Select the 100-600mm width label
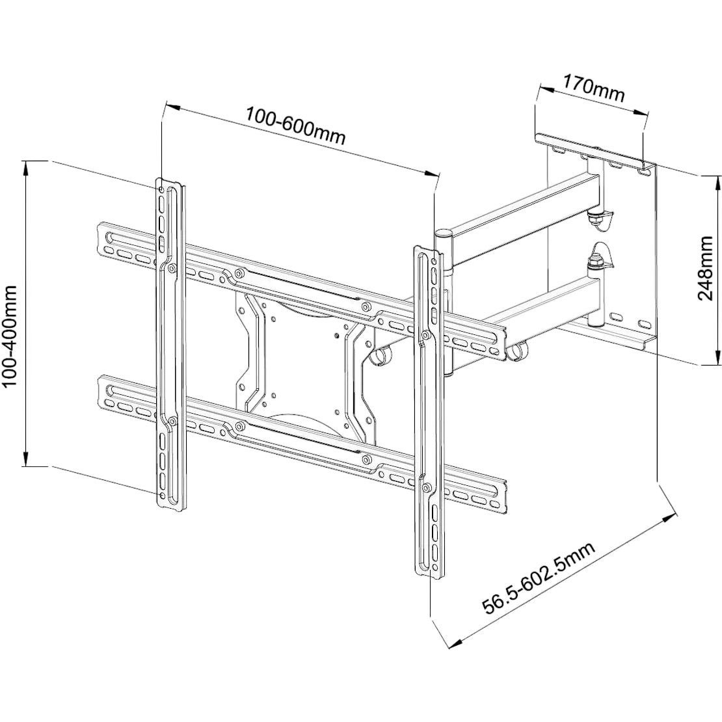coord(295,125)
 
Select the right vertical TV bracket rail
coord(429,410)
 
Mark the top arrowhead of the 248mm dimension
coord(715,180)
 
